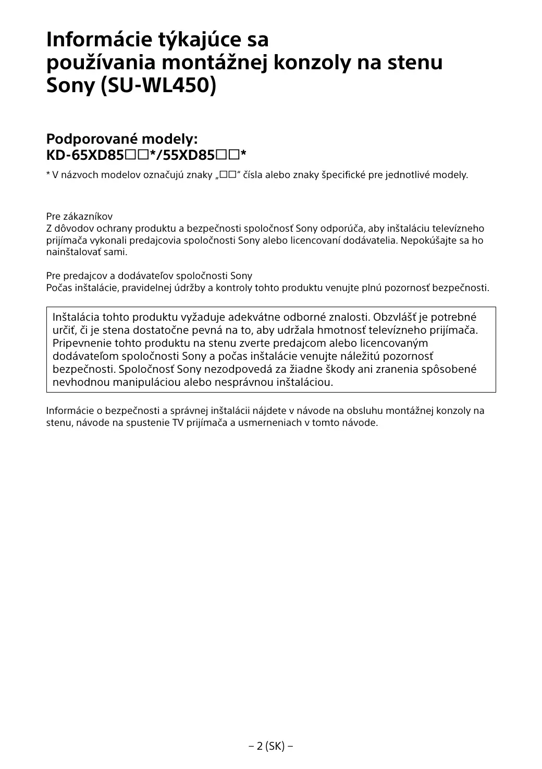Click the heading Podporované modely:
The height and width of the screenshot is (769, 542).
point(122,139)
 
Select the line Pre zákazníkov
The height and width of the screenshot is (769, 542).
point(79,217)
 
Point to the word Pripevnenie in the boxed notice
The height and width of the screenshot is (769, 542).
point(81,343)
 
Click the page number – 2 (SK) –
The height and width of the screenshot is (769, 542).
point(270,746)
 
